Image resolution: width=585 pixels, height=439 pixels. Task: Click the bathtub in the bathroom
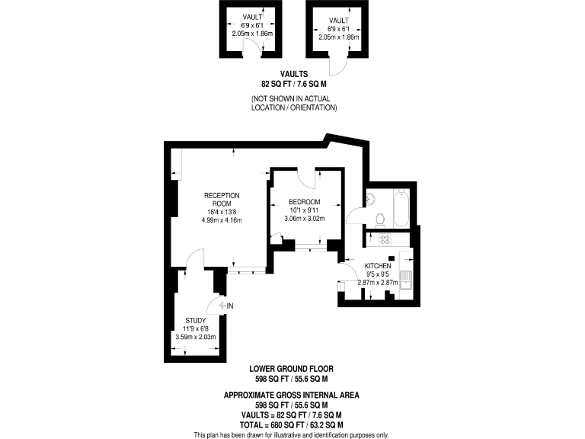pyautogui.click(x=402, y=207)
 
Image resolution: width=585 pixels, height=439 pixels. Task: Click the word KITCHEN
pyautogui.click(x=377, y=266)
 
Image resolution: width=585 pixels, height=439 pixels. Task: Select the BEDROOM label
pyautogui.click(x=305, y=202)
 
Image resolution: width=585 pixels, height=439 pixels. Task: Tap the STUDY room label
pyautogui.click(x=196, y=320)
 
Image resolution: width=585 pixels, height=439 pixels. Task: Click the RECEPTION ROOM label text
pyautogui.click(x=222, y=199)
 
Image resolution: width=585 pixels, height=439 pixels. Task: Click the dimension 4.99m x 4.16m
pyautogui.click(x=222, y=220)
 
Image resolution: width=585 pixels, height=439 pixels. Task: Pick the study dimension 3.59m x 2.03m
pyautogui.click(x=196, y=337)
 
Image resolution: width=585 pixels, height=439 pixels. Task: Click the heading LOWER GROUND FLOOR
pyautogui.click(x=292, y=368)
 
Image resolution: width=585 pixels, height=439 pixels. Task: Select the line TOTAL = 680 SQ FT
pyautogui.click(x=292, y=424)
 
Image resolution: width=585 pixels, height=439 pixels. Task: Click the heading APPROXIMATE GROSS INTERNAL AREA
pyautogui.click(x=292, y=395)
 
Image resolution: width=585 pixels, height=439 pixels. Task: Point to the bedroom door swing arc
pyautogui.click(x=306, y=180)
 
